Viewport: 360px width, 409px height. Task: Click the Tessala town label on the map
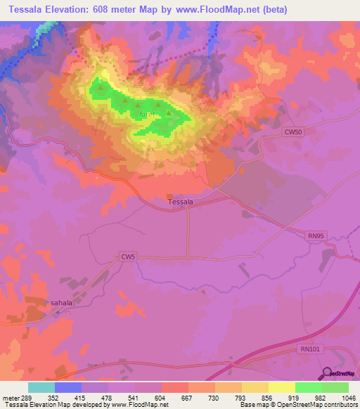point(181,202)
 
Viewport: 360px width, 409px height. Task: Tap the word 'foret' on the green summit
point(147,114)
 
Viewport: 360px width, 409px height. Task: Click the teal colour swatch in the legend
point(41,387)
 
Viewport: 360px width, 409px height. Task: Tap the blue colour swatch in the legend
point(68,387)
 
